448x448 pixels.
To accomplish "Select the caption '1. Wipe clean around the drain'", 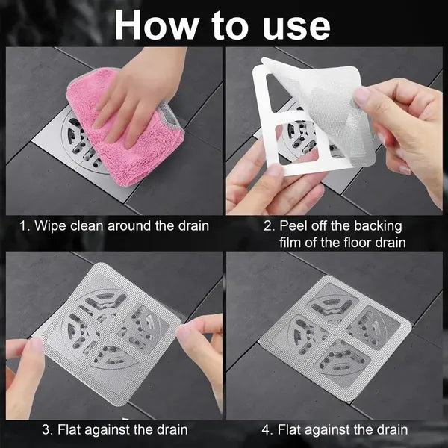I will pyautogui.click(x=112, y=226).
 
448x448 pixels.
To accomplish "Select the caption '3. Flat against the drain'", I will pyautogui.click(x=112, y=429).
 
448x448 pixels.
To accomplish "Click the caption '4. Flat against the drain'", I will pyautogui.click(x=335, y=429).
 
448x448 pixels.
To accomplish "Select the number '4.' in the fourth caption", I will pyautogui.click(x=265, y=429).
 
